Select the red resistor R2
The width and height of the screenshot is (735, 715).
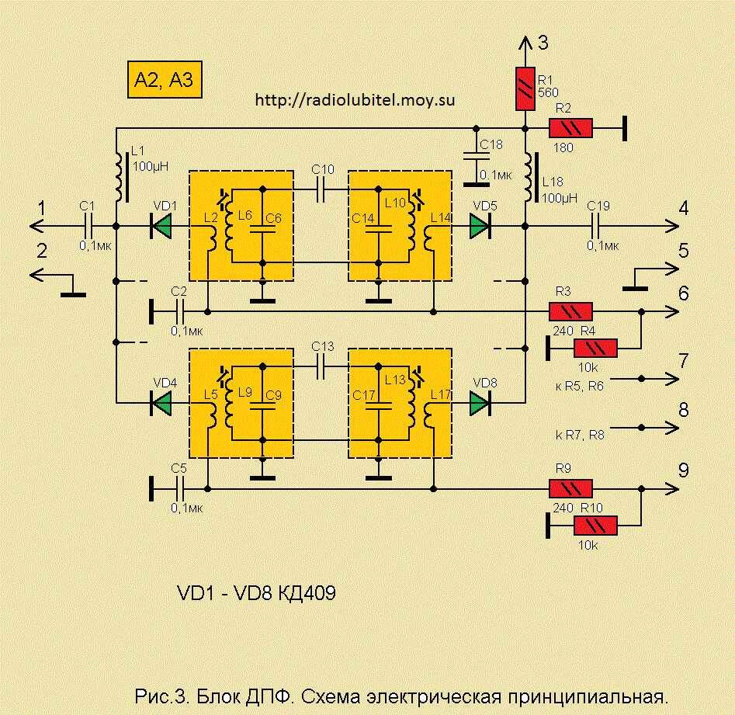click(570, 129)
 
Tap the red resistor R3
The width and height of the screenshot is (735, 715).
click(570, 312)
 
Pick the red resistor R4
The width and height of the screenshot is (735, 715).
click(595, 349)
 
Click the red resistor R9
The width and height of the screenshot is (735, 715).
click(570, 489)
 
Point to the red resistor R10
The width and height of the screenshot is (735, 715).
click(595, 526)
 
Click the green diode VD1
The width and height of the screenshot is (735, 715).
click(161, 226)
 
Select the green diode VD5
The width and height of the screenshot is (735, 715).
click(480, 226)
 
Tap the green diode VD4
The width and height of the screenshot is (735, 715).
click(161, 402)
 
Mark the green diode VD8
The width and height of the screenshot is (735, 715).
click(480, 402)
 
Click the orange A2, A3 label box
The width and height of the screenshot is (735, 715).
click(164, 79)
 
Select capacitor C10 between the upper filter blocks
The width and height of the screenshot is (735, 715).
click(321, 186)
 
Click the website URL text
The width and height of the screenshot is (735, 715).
click(355, 100)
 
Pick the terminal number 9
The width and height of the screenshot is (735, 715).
click(683, 470)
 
